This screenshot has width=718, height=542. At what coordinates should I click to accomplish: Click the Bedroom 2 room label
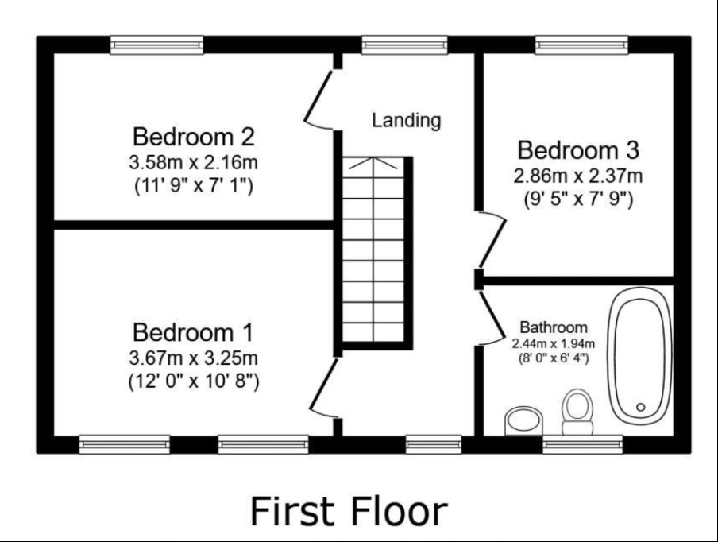(193, 137)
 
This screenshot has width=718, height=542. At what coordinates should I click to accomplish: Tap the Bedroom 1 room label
(193, 332)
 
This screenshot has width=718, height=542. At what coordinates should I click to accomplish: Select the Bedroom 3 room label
(578, 150)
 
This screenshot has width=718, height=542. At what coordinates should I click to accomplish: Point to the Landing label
(406, 121)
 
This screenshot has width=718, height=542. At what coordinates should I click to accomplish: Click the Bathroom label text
(553, 327)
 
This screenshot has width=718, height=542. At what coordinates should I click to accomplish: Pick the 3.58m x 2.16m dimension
(193, 162)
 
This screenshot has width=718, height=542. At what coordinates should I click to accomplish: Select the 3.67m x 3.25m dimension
(193, 358)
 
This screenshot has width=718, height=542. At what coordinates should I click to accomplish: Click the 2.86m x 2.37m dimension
(578, 176)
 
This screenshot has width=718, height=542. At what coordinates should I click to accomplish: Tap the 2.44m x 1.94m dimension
(553, 343)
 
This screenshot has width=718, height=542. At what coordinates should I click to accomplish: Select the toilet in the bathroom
(577, 412)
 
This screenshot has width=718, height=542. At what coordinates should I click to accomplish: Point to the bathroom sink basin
(523, 420)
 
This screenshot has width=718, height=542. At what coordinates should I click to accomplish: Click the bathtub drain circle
(641, 407)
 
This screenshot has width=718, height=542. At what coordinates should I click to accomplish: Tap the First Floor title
(349, 511)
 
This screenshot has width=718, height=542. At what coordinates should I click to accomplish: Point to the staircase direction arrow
(373, 163)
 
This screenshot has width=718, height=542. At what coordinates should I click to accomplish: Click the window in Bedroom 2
(156, 45)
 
